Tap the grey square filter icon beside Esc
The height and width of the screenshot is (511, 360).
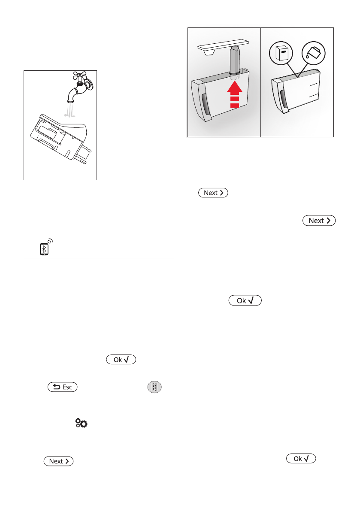pyautogui.click(x=154, y=387)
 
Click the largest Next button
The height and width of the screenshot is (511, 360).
pyautogui.click(x=319, y=221)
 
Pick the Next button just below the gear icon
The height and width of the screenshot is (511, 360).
pyautogui.click(x=58, y=461)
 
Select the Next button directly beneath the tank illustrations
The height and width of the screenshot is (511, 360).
pyautogui.click(x=213, y=193)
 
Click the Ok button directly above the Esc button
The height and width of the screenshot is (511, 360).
pyautogui.click(x=121, y=360)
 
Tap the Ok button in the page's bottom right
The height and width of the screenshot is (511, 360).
pyautogui.click(x=301, y=459)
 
